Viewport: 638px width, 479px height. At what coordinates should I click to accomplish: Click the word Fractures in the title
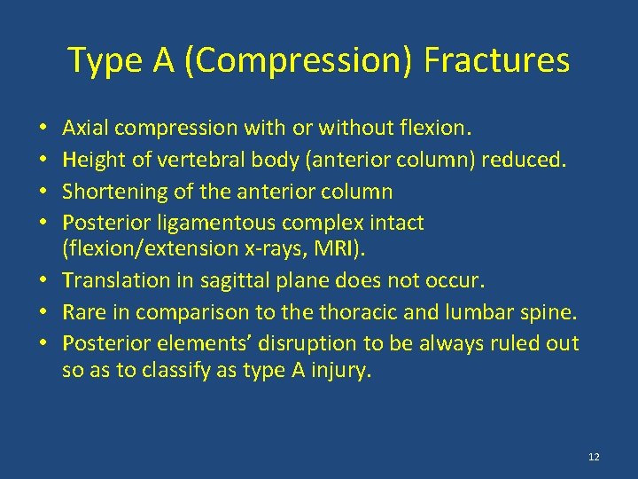click(x=496, y=61)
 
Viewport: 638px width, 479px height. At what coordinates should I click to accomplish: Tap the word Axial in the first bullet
click(x=84, y=129)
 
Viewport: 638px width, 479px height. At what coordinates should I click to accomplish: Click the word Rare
click(x=82, y=312)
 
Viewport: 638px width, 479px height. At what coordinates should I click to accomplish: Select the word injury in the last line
click(x=342, y=370)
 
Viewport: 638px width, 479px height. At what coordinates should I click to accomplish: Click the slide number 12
click(x=593, y=457)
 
